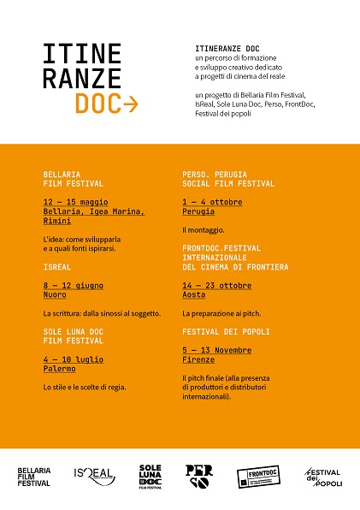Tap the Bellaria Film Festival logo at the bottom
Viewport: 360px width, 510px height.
[34, 477]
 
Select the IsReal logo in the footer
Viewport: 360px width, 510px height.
[95, 476]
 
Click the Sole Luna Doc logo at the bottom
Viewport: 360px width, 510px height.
[150, 476]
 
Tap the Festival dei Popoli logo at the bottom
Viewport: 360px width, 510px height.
[323, 477]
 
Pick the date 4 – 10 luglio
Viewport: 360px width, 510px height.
[70, 359]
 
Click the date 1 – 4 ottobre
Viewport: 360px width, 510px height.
[212, 202]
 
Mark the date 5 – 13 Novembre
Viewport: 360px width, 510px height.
[216, 349]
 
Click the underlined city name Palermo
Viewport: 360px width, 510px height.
[59, 369]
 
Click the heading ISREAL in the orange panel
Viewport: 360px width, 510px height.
[56, 266]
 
